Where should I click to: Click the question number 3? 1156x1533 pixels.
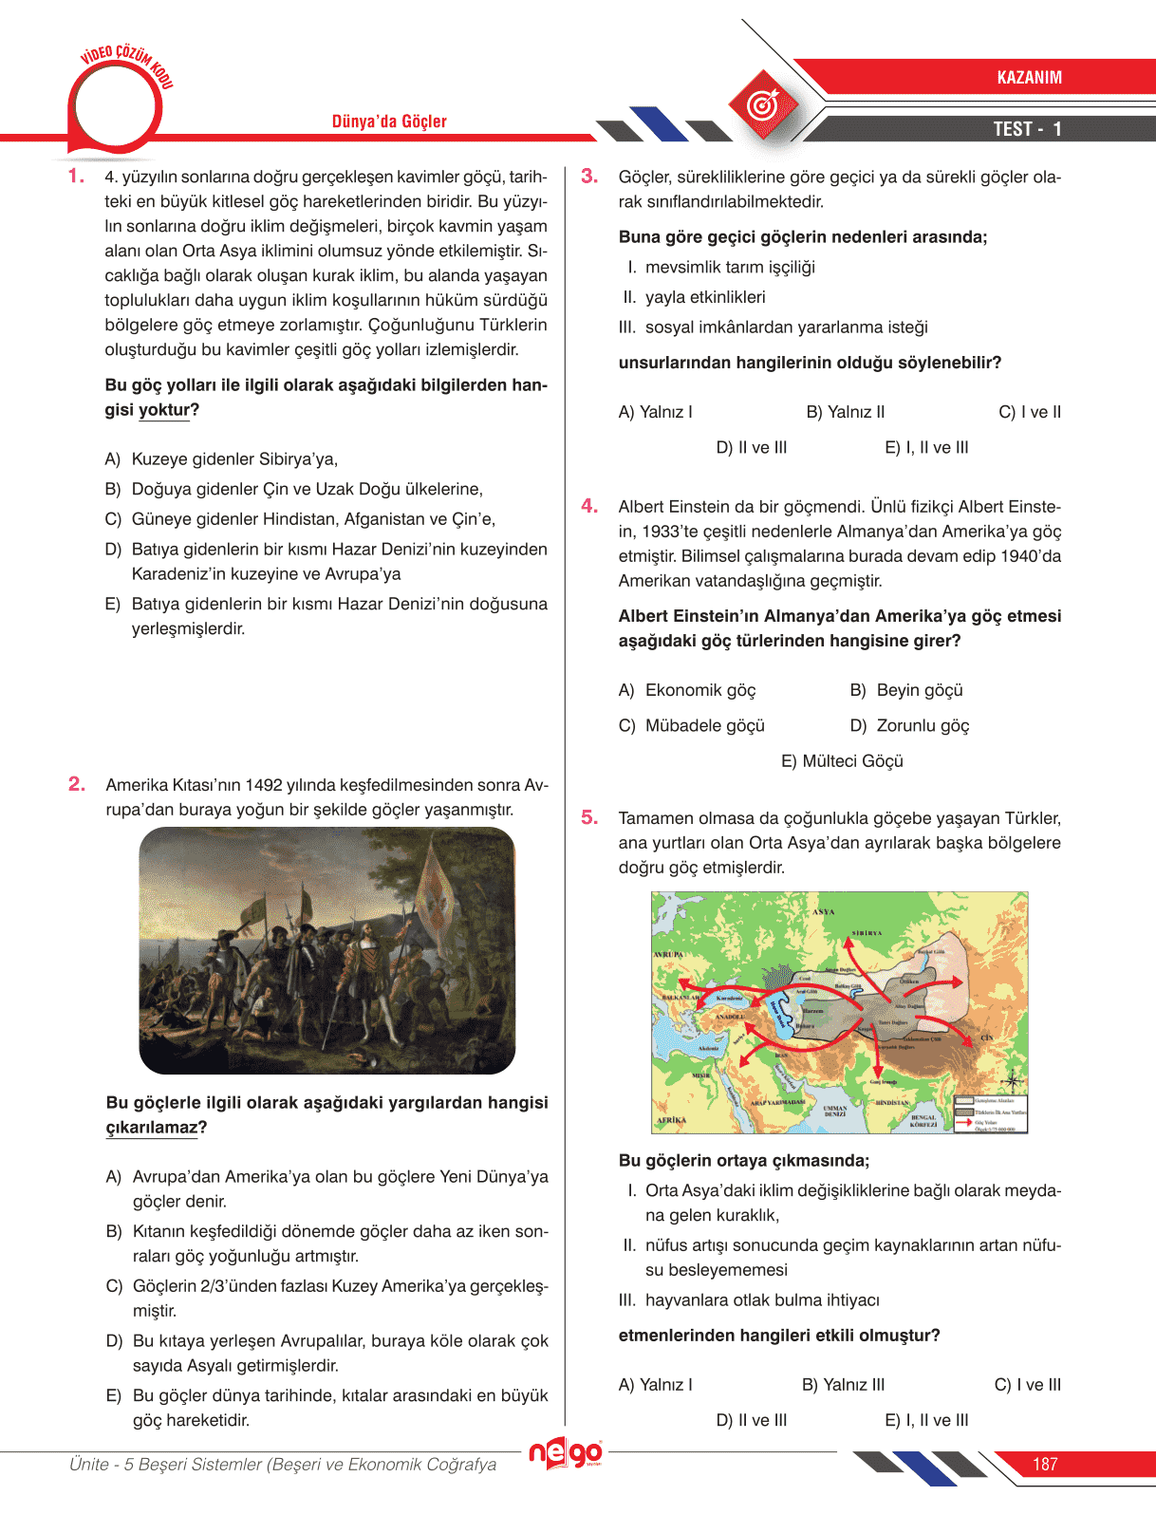pos(589,177)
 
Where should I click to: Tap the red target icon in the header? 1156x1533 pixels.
pos(761,103)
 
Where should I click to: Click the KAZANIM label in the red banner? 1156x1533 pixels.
pos(1029,78)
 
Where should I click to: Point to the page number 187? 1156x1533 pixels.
pos(1045,1465)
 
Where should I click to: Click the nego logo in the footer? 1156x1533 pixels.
pos(566,1453)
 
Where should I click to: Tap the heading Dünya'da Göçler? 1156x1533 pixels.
pos(389,122)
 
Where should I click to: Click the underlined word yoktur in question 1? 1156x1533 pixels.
pos(164,410)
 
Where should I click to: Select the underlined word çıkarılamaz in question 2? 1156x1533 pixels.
pos(152,1128)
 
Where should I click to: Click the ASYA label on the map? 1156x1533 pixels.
pos(823,911)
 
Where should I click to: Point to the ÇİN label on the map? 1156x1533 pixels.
pos(987,1038)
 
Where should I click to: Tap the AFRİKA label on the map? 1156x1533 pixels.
pos(671,1120)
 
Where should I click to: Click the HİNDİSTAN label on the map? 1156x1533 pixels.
pos(893,1103)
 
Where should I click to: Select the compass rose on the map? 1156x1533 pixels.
pos(1013,1080)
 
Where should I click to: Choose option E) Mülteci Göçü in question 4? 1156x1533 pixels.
pos(842,761)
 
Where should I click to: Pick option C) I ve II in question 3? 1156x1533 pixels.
pos(1029,412)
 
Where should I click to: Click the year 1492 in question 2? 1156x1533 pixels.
pos(264,785)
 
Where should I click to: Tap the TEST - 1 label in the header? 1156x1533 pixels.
pos(1027,129)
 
